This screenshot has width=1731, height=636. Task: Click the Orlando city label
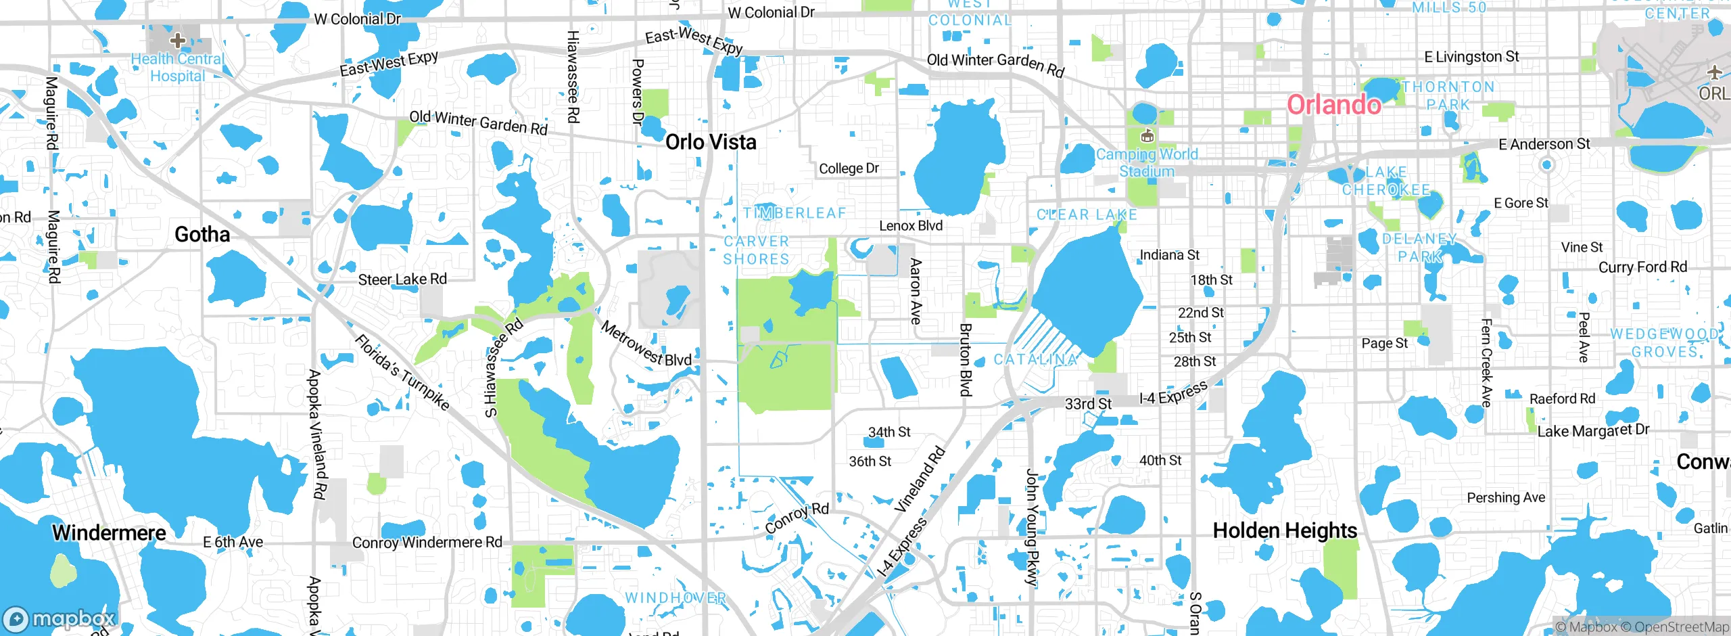point(1333,105)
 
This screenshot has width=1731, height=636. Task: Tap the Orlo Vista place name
point(711,142)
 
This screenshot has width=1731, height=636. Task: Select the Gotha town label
point(202,235)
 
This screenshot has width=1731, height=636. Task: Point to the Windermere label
point(109,532)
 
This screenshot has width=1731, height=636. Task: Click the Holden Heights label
point(1285,530)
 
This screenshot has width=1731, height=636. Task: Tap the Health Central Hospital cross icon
point(178,41)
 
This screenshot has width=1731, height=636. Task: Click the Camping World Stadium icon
point(1147,136)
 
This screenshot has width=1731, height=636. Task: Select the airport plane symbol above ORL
point(1714,72)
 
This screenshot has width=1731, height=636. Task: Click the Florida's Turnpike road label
point(402,372)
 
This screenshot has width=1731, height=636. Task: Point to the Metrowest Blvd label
point(646,344)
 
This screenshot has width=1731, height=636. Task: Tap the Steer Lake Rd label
point(402,279)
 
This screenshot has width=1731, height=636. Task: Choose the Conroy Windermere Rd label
point(427,543)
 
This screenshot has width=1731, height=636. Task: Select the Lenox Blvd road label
point(910,226)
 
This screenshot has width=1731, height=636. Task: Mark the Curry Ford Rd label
point(1642,267)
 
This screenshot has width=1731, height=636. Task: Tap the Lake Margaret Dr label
point(1593,430)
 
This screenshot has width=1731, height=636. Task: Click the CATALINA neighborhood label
point(1035,359)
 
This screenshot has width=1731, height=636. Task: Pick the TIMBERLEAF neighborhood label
point(795,213)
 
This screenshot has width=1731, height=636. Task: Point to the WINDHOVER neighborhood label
point(675,598)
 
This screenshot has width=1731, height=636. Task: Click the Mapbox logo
point(59,619)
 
